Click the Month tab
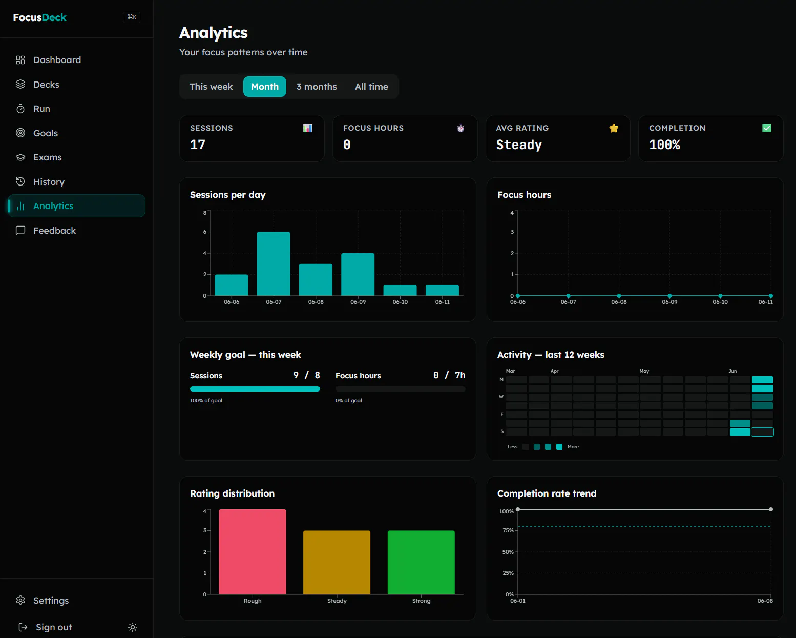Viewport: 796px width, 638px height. pyautogui.click(x=264, y=87)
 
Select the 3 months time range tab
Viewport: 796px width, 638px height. pyautogui.click(x=317, y=87)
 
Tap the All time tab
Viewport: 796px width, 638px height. pyautogui.click(x=371, y=87)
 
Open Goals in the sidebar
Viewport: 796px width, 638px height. pyautogui.click(x=45, y=133)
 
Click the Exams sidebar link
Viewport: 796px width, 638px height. pyautogui.click(x=47, y=157)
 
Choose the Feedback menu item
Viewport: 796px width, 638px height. pyautogui.click(x=54, y=231)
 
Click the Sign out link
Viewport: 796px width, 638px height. pyautogui.click(x=54, y=627)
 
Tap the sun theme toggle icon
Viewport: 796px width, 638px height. pyautogui.click(x=133, y=627)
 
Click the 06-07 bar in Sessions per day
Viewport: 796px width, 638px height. pyautogui.click(x=274, y=263)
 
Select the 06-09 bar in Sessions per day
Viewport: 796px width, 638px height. pyautogui.click(x=358, y=274)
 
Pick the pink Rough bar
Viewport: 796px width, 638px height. pyautogui.click(x=252, y=552)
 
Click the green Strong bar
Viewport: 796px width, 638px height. pyautogui.click(x=421, y=563)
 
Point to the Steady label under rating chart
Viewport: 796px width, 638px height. pyautogui.click(x=337, y=601)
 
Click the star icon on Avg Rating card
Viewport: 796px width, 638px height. pyautogui.click(x=614, y=128)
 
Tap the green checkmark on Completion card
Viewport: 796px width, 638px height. pyautogui.click(x=767, y=128)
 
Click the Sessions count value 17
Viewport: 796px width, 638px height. pyautogui.click(x=198, y=145)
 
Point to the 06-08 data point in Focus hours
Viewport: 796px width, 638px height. pyautogui.click(x=619, y=296)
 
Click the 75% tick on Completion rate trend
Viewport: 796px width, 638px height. pyautogui.click(x=508, y=531)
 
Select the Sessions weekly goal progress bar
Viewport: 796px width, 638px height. pyautogui.click(x=255, y=389)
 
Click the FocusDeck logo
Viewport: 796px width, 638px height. pyautogui.click(x=39, y=17)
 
